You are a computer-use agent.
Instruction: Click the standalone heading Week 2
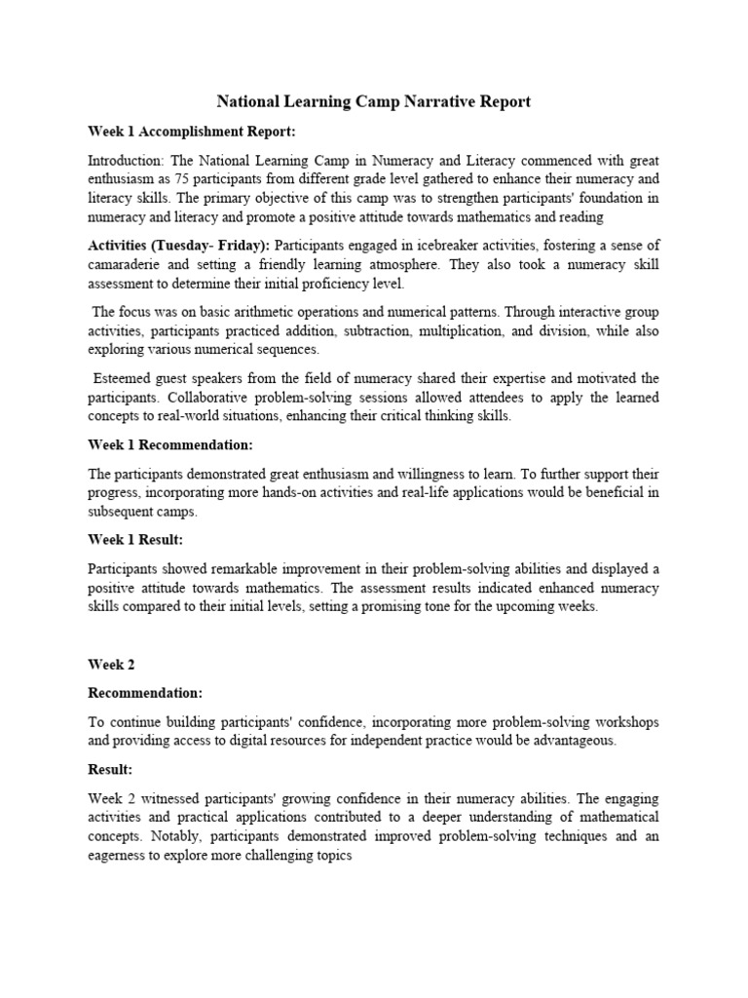coord(111,664)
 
